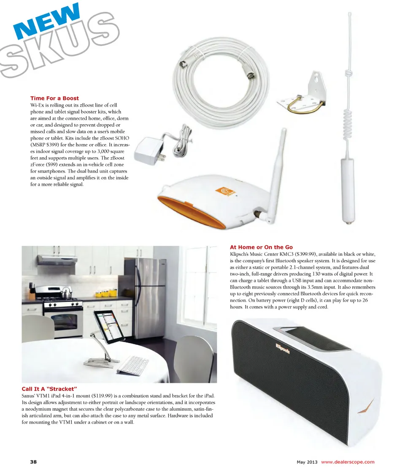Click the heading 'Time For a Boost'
(54, 98)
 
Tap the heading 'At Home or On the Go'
(261, 247)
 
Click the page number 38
(33, 461)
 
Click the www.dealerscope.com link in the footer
(348, 461)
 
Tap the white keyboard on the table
(132, 364)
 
